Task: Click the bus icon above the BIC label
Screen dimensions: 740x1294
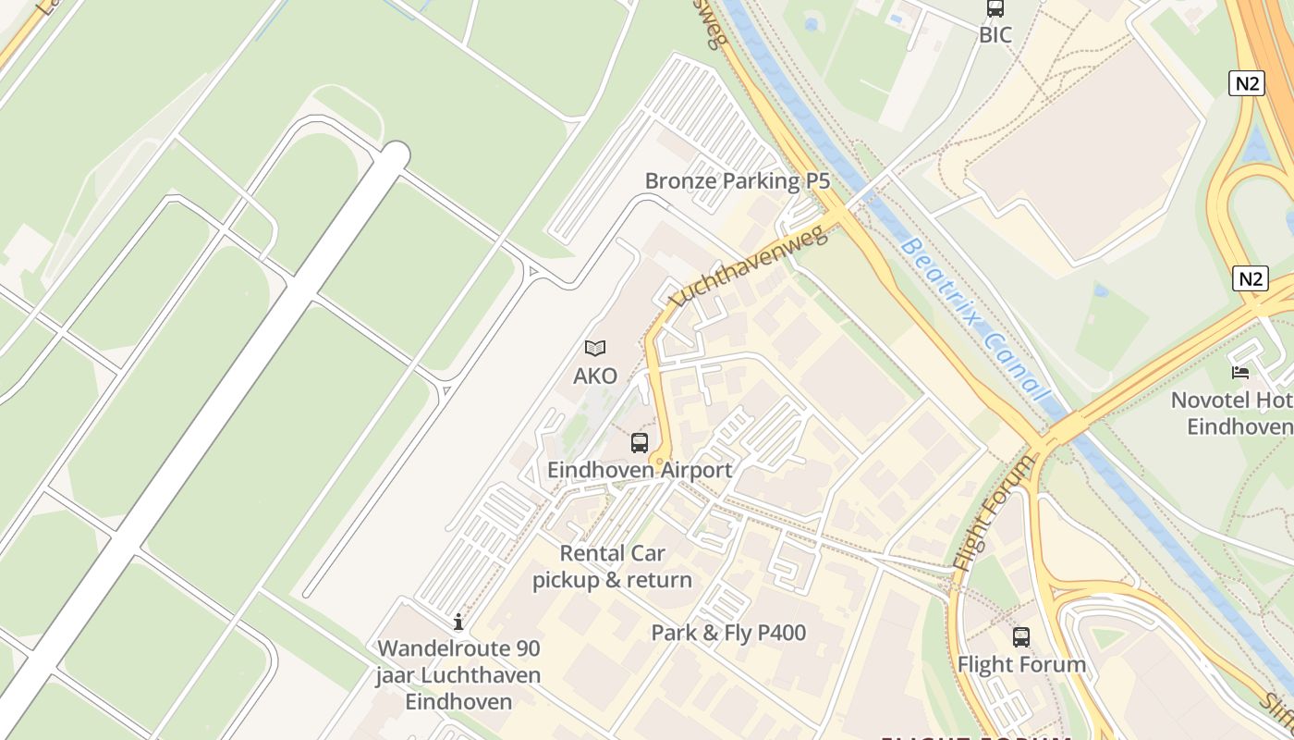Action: pyautogui.click(x=995, y=9)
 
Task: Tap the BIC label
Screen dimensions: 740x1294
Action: pyautogui.click(x=995, y=35)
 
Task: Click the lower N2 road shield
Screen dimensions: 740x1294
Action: pyautogui.click(x=1251, y=278)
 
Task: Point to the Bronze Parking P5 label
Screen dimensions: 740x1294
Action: pyautogui.click(x=737, y=180)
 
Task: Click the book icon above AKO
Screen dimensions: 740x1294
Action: pyautogui.click(x=595, y=349)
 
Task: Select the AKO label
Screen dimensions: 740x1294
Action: pyautogui.click(x=595, y=376)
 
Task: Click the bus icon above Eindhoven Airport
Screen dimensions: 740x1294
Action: pyautogui.click(x=640, y=442)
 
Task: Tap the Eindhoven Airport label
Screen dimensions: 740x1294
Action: pyautogui.click(x=640, y=470)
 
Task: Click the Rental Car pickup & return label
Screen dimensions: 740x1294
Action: pyautogui.click(x=612, y=567)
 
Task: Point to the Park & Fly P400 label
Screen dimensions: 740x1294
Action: pyautogui.click(x=728, y=633)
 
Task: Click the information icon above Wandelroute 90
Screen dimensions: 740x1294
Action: pyautogui.click(x=458, y=622)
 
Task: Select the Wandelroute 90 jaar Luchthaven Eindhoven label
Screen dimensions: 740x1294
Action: pyautogui.click(x=458, y=674)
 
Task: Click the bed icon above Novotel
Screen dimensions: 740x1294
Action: pyautogui.click(x=1240, y=373)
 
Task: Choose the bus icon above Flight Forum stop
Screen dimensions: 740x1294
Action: pyautogui.click(x=1021, y=637)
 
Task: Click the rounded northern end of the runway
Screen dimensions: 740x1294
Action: pyautogui.click(x=397, y=154)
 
